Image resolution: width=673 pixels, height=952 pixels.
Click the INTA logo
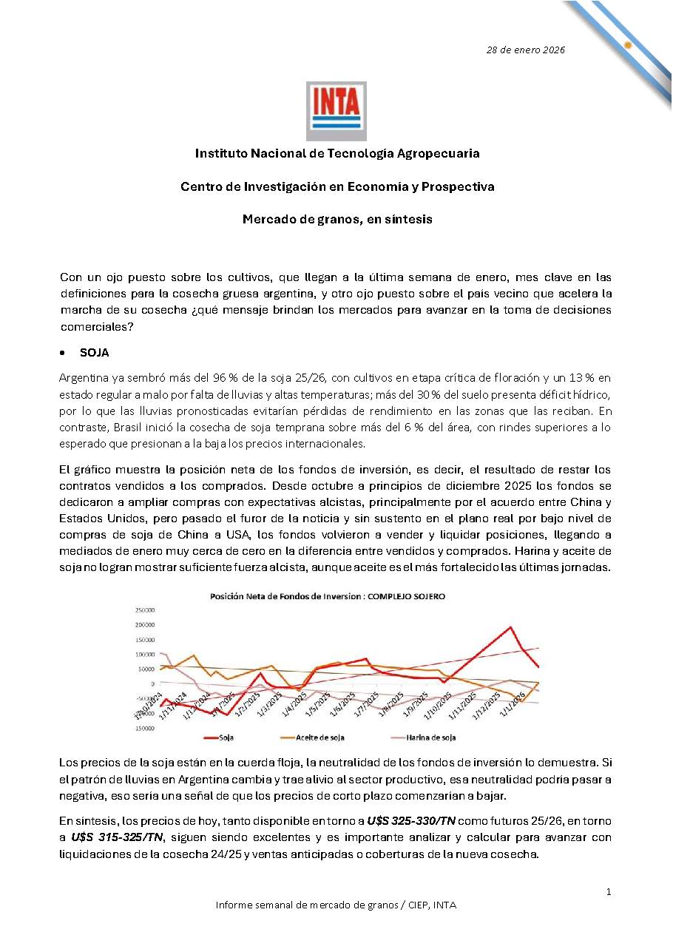[x=336, y=111]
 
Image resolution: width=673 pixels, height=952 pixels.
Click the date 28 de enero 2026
[x=525, y=50]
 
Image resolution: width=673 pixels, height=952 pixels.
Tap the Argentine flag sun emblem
[x=627, y=44]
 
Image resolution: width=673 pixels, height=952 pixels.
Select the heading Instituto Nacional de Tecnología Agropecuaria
[x=337, y=154]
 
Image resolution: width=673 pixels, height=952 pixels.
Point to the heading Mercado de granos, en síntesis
[x=337, y=220]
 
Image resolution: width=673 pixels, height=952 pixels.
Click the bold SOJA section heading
[x=94, y=353]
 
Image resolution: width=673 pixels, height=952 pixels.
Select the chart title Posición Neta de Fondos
[x=328, y=595]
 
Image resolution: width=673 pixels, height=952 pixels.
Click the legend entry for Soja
[x=226, y=737]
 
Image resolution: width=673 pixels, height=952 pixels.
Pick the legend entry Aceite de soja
[x=319, y=737]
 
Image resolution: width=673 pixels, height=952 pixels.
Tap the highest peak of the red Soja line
[x=510, y=627]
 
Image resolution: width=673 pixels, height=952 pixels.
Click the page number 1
[x=608, y=892]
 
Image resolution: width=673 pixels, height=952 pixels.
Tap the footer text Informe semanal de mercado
[x=336, y=905]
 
